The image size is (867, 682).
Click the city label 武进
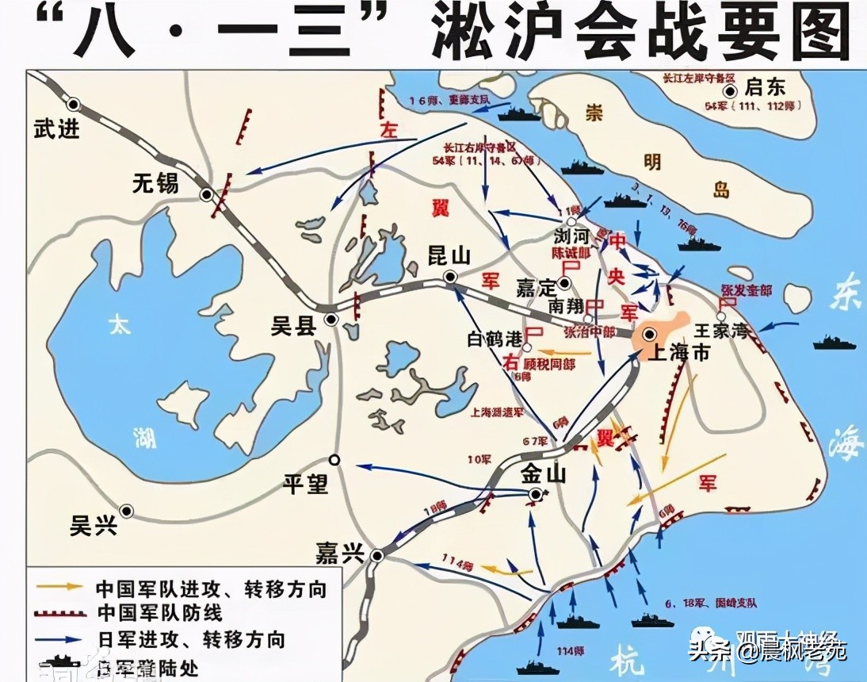click(x=57, y=129)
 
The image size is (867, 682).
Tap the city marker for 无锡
click(x=207, y=193)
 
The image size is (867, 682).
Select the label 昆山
click(x=449, y=255)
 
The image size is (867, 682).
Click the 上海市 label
click(x=679, y=354)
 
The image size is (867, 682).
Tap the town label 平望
click(x=306, y=483)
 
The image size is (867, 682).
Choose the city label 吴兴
click(x=94, y=526)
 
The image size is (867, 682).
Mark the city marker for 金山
click(x=537, y=495)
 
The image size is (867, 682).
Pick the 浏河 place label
click(x=572, y=236)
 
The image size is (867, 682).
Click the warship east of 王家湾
click(x=834, y=343)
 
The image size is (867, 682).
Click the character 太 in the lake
click(x=119, y=325)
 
